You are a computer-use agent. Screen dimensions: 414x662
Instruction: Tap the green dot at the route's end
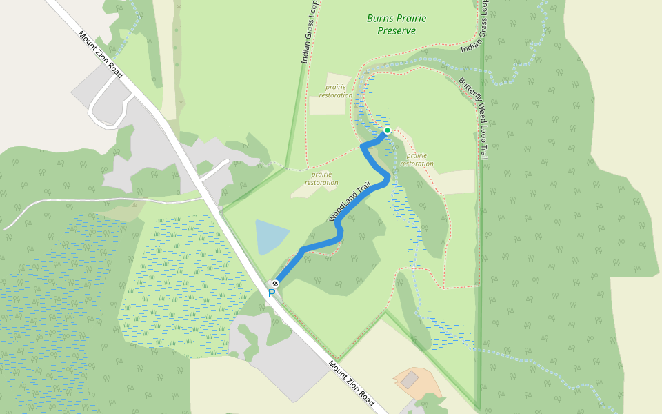point(388,130)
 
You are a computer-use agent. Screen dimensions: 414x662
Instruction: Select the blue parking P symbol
point(271,294)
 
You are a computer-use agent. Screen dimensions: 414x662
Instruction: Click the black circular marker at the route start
point(275,284)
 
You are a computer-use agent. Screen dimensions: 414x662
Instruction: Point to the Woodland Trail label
point(351,201)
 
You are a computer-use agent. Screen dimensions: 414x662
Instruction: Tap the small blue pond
point(271,237)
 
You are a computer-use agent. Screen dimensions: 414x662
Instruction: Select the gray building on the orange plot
point(410,379)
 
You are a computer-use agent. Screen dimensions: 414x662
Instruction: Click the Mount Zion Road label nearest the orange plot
point(351,384)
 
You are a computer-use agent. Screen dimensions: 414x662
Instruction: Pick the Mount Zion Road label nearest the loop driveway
point(101,55)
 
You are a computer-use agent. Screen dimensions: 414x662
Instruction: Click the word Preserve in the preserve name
point(397,30)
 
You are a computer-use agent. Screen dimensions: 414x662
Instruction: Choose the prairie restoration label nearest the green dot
point(417,159)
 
